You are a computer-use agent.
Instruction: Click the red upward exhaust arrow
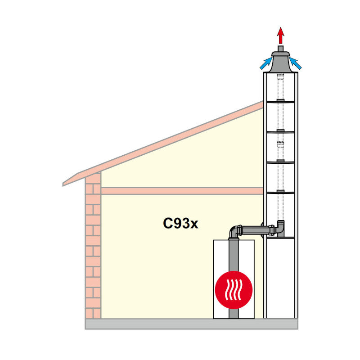click(x=280, y=36)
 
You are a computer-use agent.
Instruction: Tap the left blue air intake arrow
click(x=266, y=63)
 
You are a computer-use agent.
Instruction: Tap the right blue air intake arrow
click(x=295, y=63)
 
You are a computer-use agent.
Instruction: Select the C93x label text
click(x=180, y=223)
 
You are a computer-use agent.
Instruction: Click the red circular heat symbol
click(x=234, y=290)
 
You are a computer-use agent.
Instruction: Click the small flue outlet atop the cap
click(x=280, y=49)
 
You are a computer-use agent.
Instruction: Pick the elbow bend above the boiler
click(x=234, y=231)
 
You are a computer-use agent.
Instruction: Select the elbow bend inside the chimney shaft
click(x=280, y=228)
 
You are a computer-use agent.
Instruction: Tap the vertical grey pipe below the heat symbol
click(x=234, y=314)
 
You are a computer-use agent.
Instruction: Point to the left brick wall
click(x=93, y=245)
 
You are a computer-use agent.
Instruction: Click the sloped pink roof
click(x=163, y=144)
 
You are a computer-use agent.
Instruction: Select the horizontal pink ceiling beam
click(x=182, y=191)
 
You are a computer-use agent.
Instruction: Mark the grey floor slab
click(x=192, y=324)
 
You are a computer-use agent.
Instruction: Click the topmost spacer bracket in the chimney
click(x=280, y=101)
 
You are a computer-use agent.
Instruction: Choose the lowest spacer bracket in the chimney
click(x=280, y=192)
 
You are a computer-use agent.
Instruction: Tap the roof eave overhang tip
click(x=63, y=184)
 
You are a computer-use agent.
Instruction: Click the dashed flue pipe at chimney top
click(x=280, y=86)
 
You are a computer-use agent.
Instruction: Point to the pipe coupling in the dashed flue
click(x=280, y=144)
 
